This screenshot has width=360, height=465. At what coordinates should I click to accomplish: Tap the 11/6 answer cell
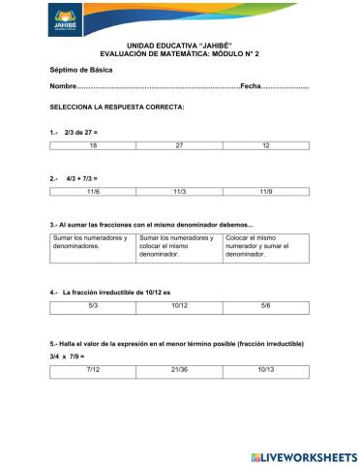coord(93,193)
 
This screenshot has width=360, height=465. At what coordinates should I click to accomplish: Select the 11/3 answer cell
coord(179,193)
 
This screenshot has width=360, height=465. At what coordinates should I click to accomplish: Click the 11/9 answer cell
coord(265,193)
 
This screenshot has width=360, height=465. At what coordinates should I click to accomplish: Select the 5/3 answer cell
coord(93,305)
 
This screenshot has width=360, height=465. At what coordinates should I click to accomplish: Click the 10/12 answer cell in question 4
coord(179,305)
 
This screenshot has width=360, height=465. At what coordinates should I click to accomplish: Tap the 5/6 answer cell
coord(265,305)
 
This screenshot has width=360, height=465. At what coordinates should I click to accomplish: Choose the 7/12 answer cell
coord(93,369)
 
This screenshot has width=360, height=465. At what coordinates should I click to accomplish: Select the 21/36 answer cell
coord(179,369)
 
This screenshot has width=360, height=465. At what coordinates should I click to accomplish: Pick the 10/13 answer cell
coord(265,369)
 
